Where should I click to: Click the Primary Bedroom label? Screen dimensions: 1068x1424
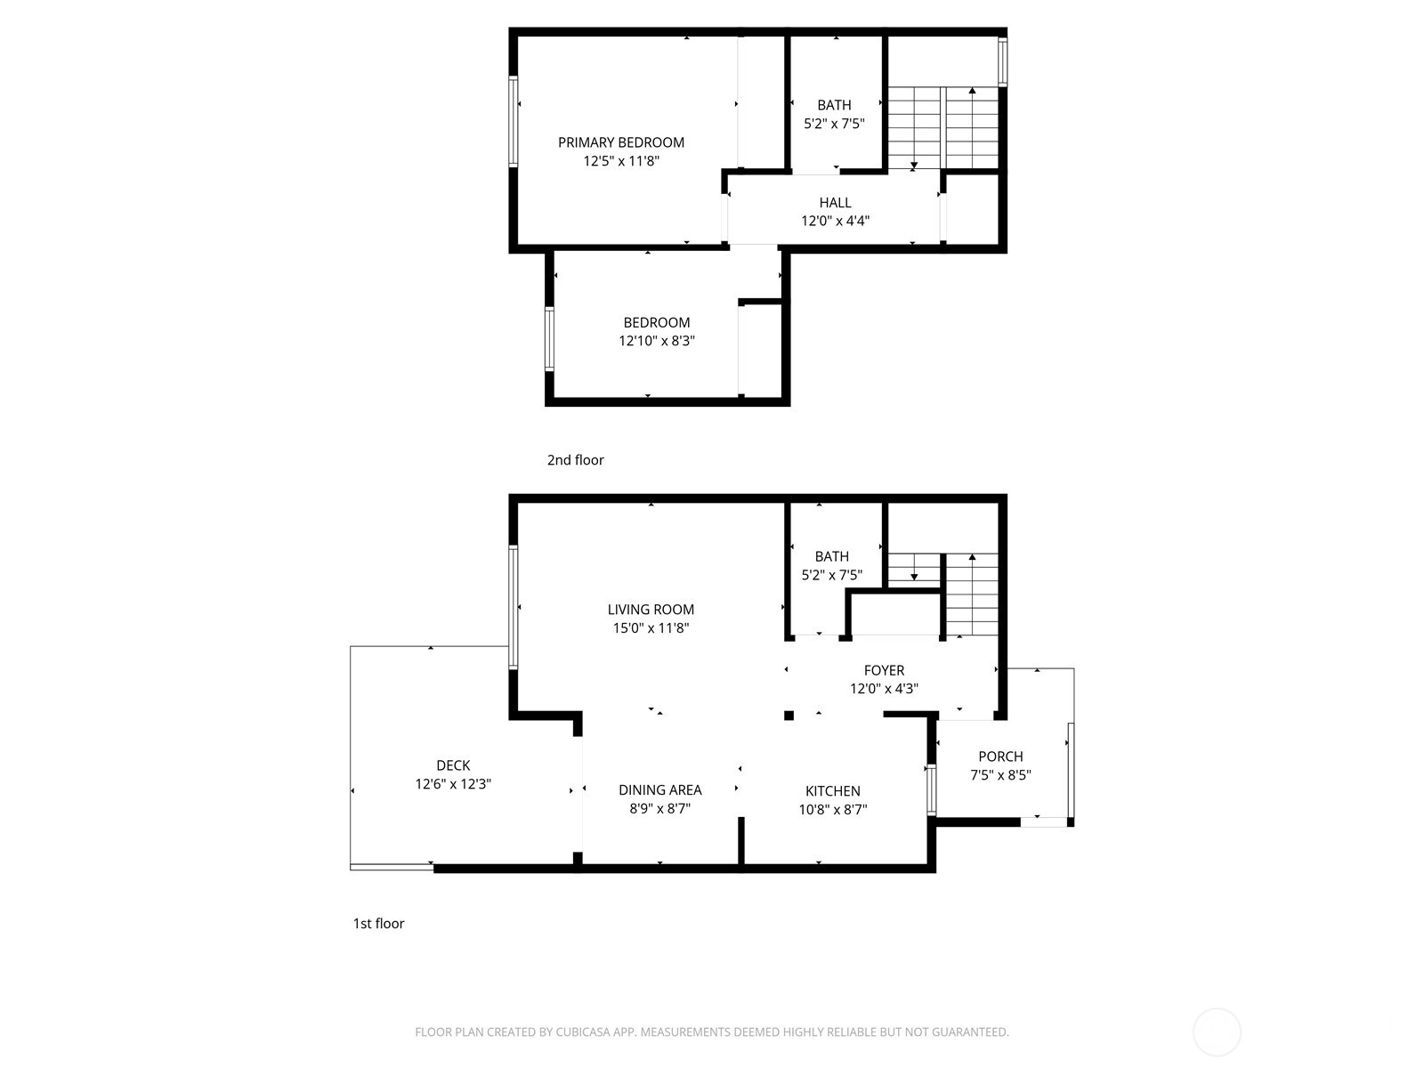click(620, 142)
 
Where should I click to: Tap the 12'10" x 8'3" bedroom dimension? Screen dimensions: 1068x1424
click(656, 341)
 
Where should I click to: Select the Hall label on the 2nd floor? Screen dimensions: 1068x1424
click(835, 203)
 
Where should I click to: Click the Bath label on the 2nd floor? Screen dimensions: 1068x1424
click(834, 105)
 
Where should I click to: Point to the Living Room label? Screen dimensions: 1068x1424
click(651, 610)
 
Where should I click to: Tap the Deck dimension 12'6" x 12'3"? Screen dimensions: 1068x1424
click(453, 784)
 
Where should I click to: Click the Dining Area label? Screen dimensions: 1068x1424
click(659, 789)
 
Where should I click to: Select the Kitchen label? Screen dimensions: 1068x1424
click(832, 790)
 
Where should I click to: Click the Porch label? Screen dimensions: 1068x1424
click(1000, 756)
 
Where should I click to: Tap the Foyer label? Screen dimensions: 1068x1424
click(884, 670)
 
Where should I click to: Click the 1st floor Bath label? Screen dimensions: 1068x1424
click(831, 556)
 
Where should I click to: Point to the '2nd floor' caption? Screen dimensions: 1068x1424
click(575, 460)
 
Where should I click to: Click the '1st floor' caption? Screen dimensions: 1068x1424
click(378, 924)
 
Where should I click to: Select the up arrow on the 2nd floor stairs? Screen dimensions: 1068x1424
click(972, 92)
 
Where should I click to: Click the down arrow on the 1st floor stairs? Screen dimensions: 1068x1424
click(914, 577)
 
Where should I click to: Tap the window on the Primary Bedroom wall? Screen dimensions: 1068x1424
click(514, 121)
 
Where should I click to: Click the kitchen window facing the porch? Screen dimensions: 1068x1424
click(931, 790)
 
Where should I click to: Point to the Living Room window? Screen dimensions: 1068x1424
click(514, 607)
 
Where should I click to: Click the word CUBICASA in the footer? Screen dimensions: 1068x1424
click(583, 1032)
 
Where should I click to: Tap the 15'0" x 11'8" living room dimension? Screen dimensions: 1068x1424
click(651, 628)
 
